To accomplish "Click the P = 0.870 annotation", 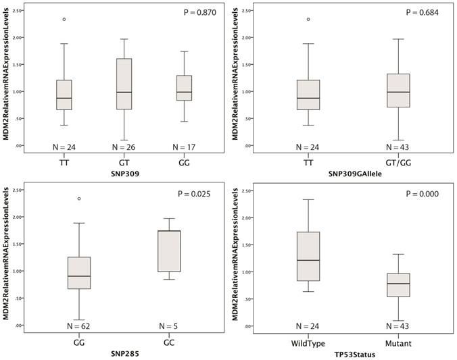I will (x=201, y=13).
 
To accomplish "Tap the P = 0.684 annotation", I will (x=422, y=13).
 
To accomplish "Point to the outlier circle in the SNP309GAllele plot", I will (x=308, y=19).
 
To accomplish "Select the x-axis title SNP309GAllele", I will (x=351, y=173).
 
